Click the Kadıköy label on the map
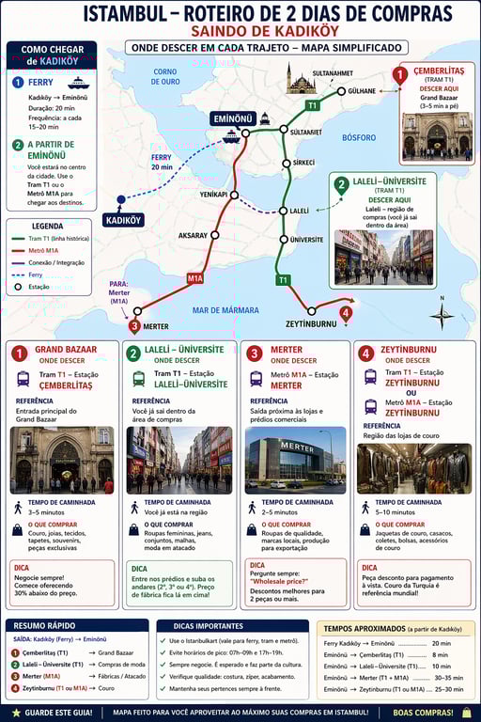(124, 219)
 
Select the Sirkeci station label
(303, 163)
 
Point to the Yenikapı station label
(214, 194)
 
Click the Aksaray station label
(193, 235)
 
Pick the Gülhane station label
(361, 91)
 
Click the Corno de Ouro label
(165, 76)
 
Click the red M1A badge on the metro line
(194, 278)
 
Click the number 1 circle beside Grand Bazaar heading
(19, 353)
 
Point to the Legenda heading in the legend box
(48, 226)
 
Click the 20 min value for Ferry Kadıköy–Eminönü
(440, 642)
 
